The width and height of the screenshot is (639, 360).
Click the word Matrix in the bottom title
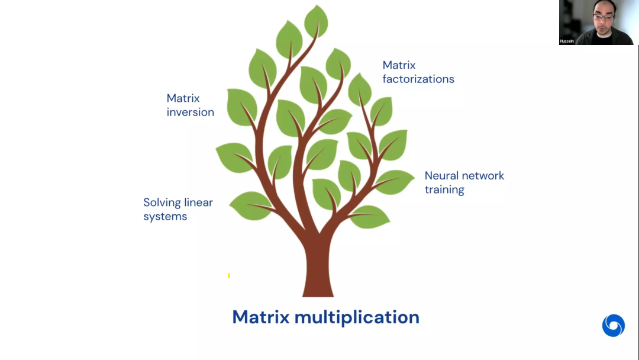point(260,317)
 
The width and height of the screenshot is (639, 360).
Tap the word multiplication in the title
point(357,317)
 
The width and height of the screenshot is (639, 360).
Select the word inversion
point(191,112)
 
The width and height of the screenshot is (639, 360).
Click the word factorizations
point(418,79)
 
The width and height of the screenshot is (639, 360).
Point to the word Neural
point(442,176)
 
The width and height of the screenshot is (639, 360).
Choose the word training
point(444,189)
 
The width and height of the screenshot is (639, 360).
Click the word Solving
point(162,202)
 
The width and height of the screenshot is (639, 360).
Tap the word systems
point(165,216)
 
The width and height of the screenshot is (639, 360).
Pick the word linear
point(198,202)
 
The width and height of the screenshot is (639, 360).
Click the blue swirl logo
point(614,326)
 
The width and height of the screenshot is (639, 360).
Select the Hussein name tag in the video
point(567,41)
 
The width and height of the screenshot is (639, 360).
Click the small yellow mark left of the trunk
point(229,275)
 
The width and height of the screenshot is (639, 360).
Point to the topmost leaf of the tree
point(316,21)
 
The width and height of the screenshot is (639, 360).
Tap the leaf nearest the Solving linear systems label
point(250,205)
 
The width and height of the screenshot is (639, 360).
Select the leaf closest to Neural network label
point(395,182)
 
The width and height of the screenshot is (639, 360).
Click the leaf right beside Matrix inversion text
point(241,107)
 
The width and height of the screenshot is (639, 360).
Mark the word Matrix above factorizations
point(399,65)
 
